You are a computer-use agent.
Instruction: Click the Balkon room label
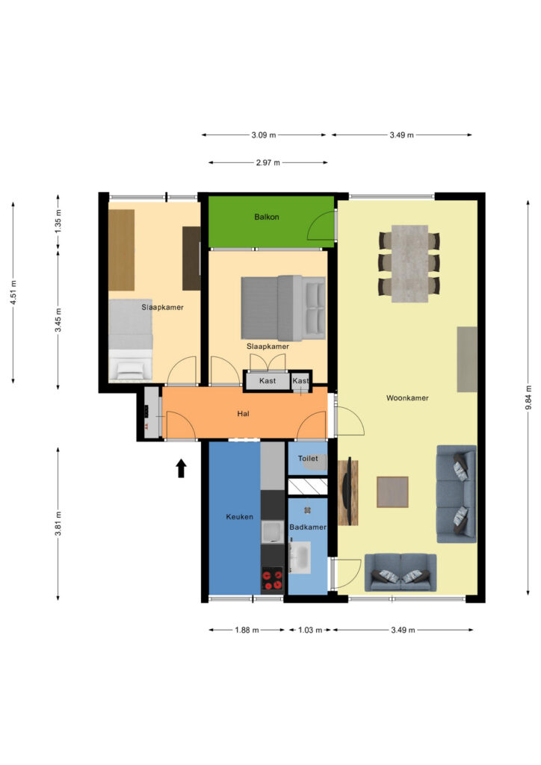click(266, 217)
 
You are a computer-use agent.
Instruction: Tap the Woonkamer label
click(407, 398)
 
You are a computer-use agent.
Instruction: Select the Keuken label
click(240, 517)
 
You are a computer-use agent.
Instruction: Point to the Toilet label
click(308, 459)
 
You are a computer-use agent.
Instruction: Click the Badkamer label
click(308, 527)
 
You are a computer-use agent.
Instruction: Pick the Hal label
click(243, 414)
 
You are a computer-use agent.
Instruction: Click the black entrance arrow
click(182, 468)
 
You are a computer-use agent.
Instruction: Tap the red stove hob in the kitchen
click(272, 579)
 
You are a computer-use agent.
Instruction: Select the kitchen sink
click(272, 532)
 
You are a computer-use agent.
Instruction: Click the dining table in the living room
click(409, 264)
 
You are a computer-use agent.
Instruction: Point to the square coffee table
click(392, 492)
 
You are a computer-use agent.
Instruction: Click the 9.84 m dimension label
click(528, 397)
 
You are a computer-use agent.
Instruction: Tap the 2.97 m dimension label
click(268, 162)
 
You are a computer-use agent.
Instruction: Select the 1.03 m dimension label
click(310, 630)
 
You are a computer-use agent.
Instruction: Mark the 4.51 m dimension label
click(13, 293)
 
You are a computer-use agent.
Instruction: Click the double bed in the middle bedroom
click(283, 309)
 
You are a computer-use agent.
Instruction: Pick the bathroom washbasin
click(300, 557)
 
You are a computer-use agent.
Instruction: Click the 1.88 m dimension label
click(247, 630)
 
